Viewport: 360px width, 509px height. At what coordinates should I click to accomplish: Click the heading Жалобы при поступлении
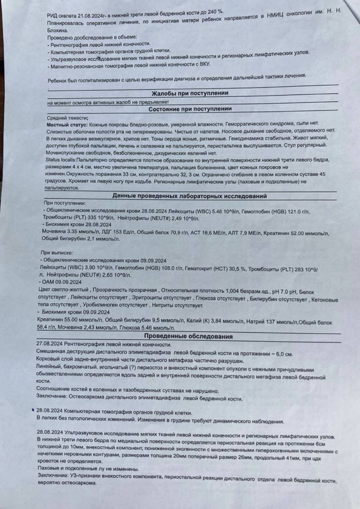pos(190,93)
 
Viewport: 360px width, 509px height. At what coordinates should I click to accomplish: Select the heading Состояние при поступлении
pos(190,109)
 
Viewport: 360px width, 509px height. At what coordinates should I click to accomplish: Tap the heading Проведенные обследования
pos(188,337)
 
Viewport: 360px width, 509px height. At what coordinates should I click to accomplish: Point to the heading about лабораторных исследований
pos(189,196)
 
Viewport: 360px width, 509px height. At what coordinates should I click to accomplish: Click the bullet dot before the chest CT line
pos(32,409)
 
